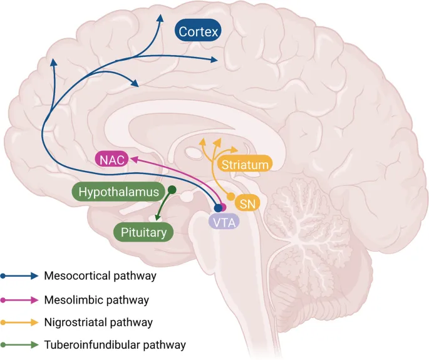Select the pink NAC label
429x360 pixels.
point(111,160)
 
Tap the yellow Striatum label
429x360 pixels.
point(245,165)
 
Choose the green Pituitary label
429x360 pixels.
point(143,233)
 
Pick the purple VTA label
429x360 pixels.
point(224,221)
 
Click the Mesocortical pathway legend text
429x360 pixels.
point(100,275)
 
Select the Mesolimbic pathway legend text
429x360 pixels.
point(96,300)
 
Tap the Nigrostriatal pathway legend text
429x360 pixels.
point(98,322)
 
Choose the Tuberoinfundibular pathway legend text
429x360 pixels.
point(115,344)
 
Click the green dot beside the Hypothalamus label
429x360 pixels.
point(172,190)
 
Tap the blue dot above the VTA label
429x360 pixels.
point(218,208)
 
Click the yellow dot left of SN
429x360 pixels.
point(231,196)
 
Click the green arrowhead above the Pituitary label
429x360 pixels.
point(157,217)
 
